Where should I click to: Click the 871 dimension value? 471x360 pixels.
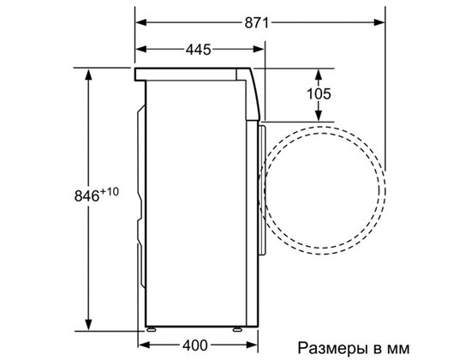256,22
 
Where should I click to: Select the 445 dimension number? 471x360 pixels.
199,50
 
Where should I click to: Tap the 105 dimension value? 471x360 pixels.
319,93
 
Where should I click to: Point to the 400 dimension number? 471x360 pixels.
195,345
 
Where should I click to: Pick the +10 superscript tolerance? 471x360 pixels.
110,191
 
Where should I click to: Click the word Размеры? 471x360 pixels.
332,348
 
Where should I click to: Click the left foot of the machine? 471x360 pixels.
151,329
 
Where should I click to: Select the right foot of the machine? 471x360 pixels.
236,329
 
